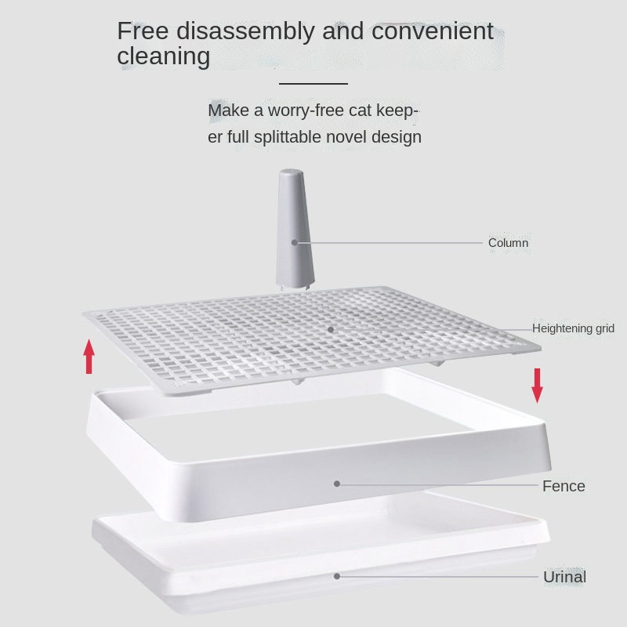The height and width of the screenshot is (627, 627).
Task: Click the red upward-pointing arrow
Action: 89,357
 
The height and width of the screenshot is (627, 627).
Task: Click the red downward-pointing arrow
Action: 537,386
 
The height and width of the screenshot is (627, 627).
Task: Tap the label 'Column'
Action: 508,243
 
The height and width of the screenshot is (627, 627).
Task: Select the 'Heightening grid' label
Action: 573,328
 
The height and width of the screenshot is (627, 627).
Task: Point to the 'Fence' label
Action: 564,486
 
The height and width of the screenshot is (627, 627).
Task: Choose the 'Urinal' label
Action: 564,577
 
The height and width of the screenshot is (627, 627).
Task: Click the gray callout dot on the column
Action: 295,242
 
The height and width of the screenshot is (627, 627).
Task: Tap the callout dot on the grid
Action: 331,329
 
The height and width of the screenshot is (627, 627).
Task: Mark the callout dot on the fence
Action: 337,484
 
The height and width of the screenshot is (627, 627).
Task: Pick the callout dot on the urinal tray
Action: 337,576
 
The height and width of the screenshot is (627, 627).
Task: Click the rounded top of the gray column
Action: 291,172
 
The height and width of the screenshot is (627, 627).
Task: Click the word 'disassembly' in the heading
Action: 245,31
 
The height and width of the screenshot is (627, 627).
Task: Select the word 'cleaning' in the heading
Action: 164,56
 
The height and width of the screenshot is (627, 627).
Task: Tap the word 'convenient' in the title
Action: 433,31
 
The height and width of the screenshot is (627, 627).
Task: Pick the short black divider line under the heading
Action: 313,84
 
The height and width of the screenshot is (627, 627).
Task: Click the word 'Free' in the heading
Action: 143,31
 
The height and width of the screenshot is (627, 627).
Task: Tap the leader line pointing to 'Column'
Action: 390,243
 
